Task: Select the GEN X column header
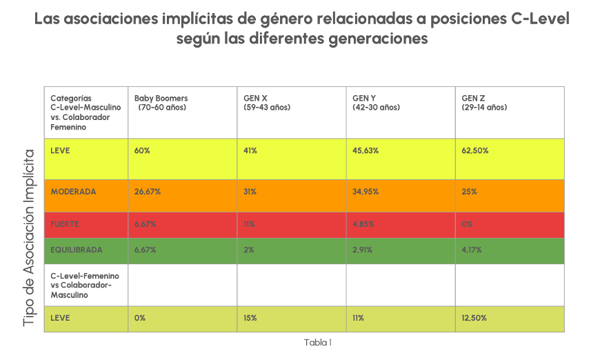click(x=266, y=103)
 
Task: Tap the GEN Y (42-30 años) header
click(x=376, y=103)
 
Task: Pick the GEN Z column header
click(x=483, y=103)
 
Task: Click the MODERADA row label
click(x=73, y=191)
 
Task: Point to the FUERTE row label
click(x=65, y=224)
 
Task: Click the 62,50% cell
click(x=474, y=150)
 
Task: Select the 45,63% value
click(x=366, y=150)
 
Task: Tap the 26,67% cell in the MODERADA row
click(x=148, y=191)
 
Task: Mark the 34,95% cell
click(x=366, y=191)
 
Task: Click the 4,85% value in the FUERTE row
click(x=363, y=224)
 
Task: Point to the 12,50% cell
click(x=474, y=318)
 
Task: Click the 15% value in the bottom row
click(x=250, y=318)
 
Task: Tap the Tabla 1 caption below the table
click(x=318, y=342)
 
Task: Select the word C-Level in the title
click(x=541, y=18)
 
